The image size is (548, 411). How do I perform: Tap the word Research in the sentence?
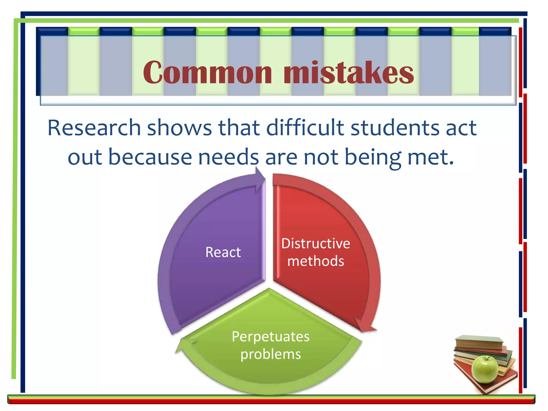pyautogui.click(x=94, y=128)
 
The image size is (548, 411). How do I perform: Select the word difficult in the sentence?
pyautogui.click(x=305, y=128)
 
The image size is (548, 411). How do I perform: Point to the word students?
pyautogui.click(x=395, y=128)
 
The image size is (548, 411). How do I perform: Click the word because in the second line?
pyautogui.click(x=150, y=157)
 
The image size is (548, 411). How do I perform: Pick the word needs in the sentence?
pyautogui.click(x=229, y=157)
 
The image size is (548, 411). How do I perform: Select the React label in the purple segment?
pyautogui.click(x=223, y=252)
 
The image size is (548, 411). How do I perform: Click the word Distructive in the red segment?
pyautogui.click(x=316, y=243)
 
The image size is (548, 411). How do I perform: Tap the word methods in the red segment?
pyautogui.click(x=316, y=261)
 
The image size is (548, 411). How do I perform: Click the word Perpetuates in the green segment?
pyautogui.click(x=271, y=337)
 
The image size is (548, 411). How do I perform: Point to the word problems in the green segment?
pyautogui.click(x=271, y=355)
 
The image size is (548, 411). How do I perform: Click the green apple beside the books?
pyautogui.click(x=484, y=369)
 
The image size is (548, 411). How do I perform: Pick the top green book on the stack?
pyautogui.click(x=479, y=341)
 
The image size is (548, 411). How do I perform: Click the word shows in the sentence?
pyautogui.click(x=179, y=128)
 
